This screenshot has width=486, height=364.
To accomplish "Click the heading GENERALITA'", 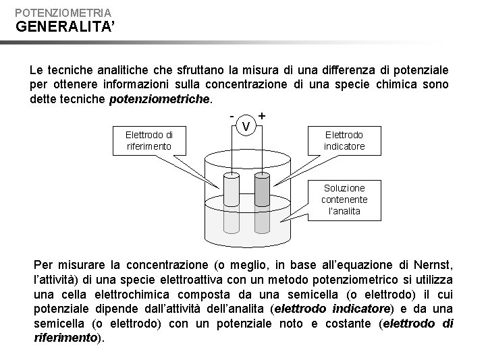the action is coord(59,28).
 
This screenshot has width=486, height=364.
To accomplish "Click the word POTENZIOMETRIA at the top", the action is coord(63,12).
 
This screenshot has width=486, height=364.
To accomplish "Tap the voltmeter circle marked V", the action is coord(248,126).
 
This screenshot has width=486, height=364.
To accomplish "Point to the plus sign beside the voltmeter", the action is coord(262,116).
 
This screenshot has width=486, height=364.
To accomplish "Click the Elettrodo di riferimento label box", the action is coord(148,140).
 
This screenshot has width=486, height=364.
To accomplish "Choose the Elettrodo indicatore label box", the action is coord(344,140).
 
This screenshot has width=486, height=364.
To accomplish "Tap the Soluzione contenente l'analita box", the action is coord(344,200).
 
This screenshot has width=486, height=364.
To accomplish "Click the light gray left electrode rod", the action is coord(232,189).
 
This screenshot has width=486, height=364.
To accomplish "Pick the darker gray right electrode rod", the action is coord(262,189).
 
